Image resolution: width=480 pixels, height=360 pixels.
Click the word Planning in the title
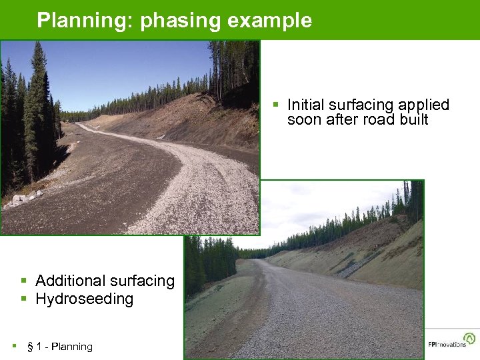click(85, 20)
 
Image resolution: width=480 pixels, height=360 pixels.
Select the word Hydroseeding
click(84, 299)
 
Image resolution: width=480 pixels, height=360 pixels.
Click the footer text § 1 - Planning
click(59, 347)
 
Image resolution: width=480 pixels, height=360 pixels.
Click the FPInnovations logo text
click(447, 345)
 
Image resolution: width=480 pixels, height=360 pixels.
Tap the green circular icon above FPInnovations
click(471, 338)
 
